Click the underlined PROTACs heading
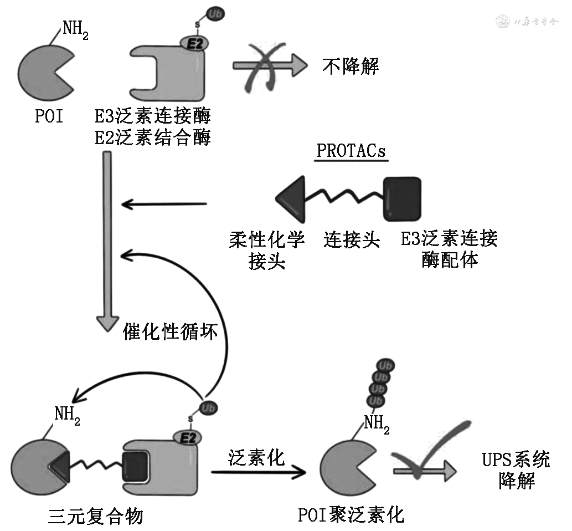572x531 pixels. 352,151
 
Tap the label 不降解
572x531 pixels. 351,67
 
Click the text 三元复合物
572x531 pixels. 96,517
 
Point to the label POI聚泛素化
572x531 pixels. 351,515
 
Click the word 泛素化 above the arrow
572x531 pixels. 256,457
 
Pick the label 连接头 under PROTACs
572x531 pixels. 352,239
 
